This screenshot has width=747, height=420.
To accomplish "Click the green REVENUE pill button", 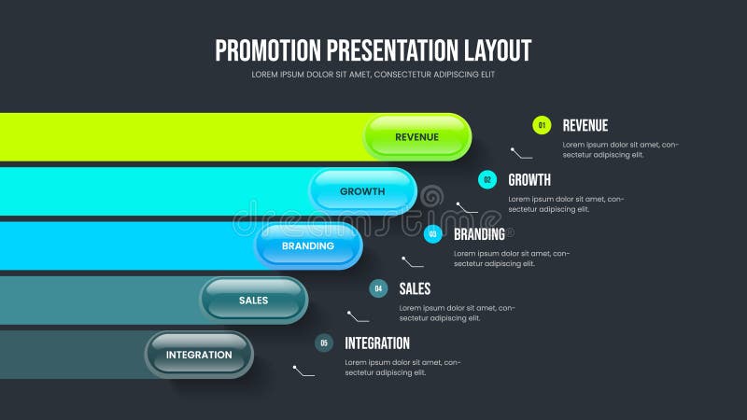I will coord(417,137).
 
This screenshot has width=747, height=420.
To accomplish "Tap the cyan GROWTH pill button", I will coord(362,191).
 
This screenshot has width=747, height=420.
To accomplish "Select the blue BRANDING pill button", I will coord(308,245).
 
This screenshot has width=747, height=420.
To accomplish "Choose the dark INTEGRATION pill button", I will coord(199,355).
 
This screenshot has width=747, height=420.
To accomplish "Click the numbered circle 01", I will coord(542,125).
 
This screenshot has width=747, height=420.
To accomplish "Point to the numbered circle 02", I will coord(487,180).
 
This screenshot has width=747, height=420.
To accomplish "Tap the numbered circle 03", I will coord(433,234).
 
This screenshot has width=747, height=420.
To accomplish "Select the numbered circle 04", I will coord(378,288).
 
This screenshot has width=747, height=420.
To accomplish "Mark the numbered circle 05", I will coord(324,343).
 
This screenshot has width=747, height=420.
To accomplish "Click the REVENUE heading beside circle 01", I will coord(585,126).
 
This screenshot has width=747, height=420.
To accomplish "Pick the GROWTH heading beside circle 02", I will coord(529,180).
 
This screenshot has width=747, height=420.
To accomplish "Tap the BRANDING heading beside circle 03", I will coord(479,234).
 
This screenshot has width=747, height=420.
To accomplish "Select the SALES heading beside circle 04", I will coord(415,288).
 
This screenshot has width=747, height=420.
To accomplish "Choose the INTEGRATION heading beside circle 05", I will coord(377,343).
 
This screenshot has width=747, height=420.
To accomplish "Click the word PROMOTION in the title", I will coord(264,50).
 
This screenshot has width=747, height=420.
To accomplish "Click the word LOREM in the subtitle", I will coord(266,75).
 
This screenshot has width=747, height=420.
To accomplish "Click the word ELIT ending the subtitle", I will coord(486,75).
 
